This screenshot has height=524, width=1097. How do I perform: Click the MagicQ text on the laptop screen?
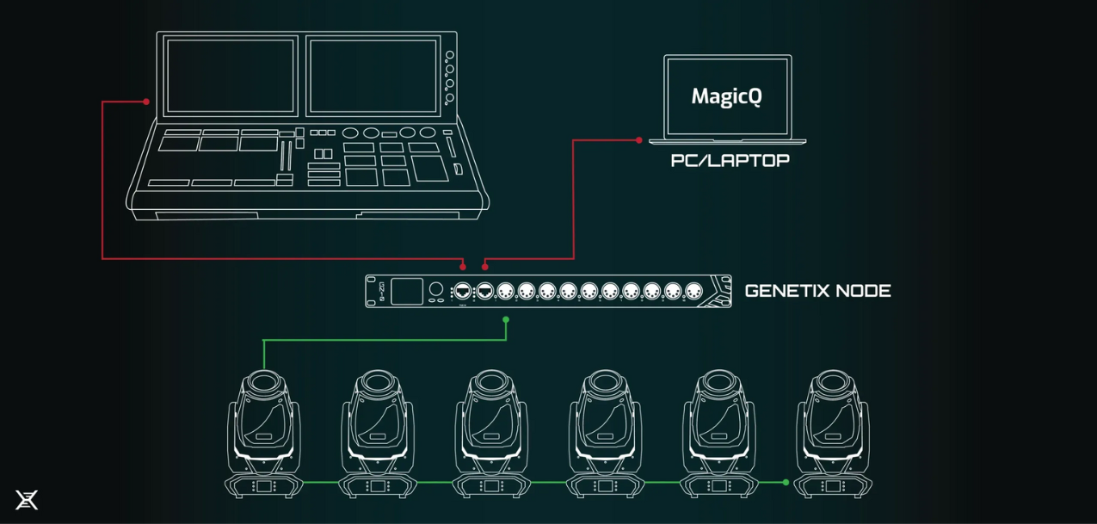726,96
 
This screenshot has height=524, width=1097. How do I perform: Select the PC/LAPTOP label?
730,161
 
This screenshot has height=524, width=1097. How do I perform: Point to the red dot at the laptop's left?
638,140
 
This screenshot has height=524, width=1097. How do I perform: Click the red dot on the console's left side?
146,102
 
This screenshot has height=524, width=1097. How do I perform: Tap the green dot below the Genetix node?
506,320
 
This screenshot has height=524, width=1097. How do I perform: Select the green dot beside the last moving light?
786,483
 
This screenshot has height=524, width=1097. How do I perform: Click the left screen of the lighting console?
230,76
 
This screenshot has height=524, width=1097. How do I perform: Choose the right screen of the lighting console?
373,76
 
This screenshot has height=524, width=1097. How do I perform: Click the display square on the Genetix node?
407,291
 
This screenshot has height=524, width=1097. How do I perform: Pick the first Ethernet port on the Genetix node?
463,291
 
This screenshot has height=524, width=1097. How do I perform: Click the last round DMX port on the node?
693,291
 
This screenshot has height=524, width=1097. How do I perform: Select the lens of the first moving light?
264,380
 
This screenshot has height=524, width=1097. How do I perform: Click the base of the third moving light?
491,486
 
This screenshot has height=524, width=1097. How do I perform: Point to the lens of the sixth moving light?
832,380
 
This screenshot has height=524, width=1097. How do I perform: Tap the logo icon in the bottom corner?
27,500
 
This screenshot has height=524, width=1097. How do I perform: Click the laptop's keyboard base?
728,140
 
